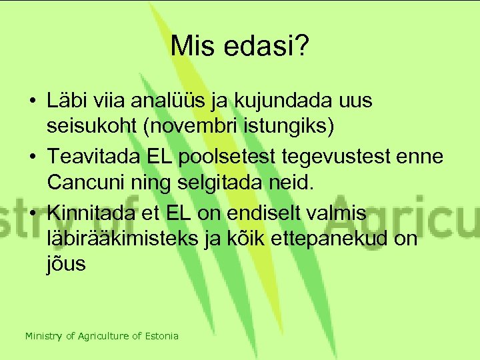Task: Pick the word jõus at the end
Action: tap(67, 264)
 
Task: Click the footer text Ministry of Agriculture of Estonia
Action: tap(102, 336)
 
